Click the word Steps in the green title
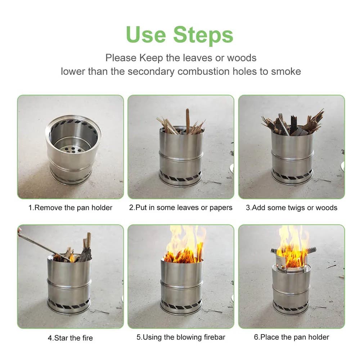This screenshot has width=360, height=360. (x=203, y=35)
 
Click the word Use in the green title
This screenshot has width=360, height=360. (x=145, y=35)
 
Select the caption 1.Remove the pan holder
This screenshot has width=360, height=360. (x=71, y=208)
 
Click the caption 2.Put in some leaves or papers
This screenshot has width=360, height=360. (x=181, y=208)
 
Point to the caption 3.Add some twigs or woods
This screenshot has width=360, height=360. (x=292, y=208)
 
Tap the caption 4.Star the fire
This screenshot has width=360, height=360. (x=71, y=338)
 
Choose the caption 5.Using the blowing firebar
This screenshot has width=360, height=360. (x=181, y=337)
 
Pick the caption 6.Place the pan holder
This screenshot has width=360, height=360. (x=292, y=337)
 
